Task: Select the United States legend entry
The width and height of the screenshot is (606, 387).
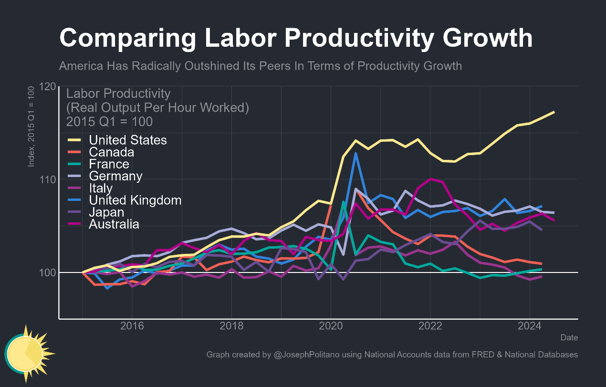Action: coord(128,140)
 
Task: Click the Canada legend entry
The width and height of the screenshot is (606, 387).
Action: coord(111,152)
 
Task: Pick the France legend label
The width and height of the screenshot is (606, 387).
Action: coord(109,164)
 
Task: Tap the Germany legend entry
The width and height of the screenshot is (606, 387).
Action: coord(115,176)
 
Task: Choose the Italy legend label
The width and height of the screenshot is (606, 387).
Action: coord(101,188)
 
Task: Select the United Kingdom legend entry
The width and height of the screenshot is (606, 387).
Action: coord(135,200)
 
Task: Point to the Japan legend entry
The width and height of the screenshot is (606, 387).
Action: coord(106,212)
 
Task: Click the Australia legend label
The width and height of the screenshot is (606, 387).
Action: coord(114,224)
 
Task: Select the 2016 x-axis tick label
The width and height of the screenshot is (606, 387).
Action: coord(132,326)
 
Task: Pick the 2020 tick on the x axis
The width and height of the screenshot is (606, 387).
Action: coord(331,326)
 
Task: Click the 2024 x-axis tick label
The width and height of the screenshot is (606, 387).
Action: coord(529,326)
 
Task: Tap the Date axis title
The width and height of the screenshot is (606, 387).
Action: coord(569,337)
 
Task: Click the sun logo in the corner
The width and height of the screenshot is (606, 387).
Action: coord(27,353)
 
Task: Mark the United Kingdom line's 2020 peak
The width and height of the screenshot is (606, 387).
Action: coord(355,154)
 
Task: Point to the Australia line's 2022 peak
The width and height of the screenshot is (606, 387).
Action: coord(430,179)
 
